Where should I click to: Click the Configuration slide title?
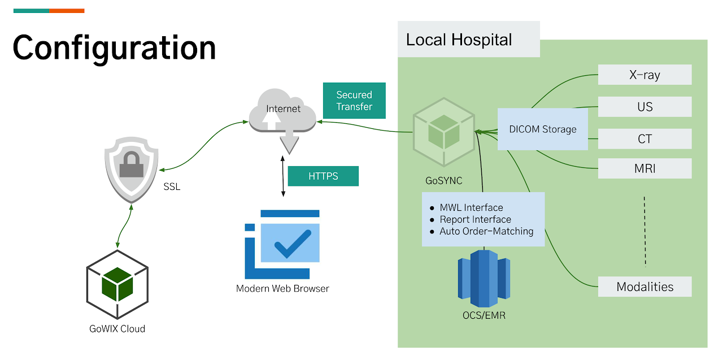[x=114, y=48]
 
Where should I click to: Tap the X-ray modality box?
[x=644, y=75]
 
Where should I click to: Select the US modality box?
[x=644, y=107]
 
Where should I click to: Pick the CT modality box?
[x=644, y=139]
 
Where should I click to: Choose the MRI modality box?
[x=644, y=168]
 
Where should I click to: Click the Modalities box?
[x=644, y=287]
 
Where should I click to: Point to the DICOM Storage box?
[x=542, y=129]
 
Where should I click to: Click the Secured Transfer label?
[x=354, y=101]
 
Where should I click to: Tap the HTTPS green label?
[x=323, y=176]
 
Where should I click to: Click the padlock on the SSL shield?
[x=132, y=167]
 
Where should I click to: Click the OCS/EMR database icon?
[x=484, y=277]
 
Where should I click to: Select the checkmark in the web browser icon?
[x=292, y=243]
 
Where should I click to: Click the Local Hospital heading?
[x=459, y=40]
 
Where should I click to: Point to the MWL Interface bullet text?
[x=471, y=208]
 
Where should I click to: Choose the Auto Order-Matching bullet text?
[x=486, y=231]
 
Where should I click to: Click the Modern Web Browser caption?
[x=282, y=288]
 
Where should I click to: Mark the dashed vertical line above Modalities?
[x=644, y=231]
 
